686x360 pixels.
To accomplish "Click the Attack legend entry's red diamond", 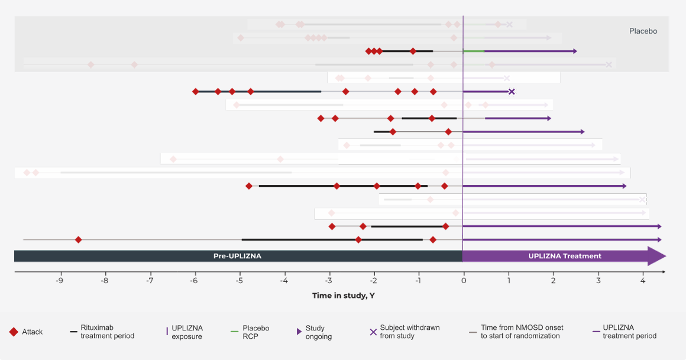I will (x=14, y=332).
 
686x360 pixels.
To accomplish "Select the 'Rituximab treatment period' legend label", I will (x=107, y=332).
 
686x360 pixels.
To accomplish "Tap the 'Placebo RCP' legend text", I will (x=255, y=332).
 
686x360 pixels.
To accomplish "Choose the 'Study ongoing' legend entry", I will (x=318, y=332).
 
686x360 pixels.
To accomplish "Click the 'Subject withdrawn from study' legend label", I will (x=409, y=332).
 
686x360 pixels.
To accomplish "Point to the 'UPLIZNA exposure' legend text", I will (x=186, y=332).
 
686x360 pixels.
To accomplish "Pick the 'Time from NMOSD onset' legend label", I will (x=522, y=332).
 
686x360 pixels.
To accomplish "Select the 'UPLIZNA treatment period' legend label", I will (x=629, y=332).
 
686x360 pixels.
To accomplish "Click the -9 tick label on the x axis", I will (x=60, y=281).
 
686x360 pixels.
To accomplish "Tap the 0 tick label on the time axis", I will (x=463, y=281).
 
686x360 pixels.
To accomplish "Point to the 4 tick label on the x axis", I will (x=643, y=281).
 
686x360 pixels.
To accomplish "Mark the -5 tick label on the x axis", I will (x=239, y=281).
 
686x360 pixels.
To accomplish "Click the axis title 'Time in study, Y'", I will (x=343, y=295).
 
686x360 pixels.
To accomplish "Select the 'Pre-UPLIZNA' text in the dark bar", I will (x=237, y=256).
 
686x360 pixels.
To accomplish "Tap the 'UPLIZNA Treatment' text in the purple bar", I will (x=565, y=256).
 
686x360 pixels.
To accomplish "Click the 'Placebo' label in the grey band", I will (x=643, y=31).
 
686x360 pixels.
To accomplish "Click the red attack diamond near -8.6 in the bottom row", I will (x=78, y=239).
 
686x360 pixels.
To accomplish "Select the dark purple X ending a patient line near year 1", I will (x=512, y=92).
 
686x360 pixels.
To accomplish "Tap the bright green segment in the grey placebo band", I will (x=474, y=51).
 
